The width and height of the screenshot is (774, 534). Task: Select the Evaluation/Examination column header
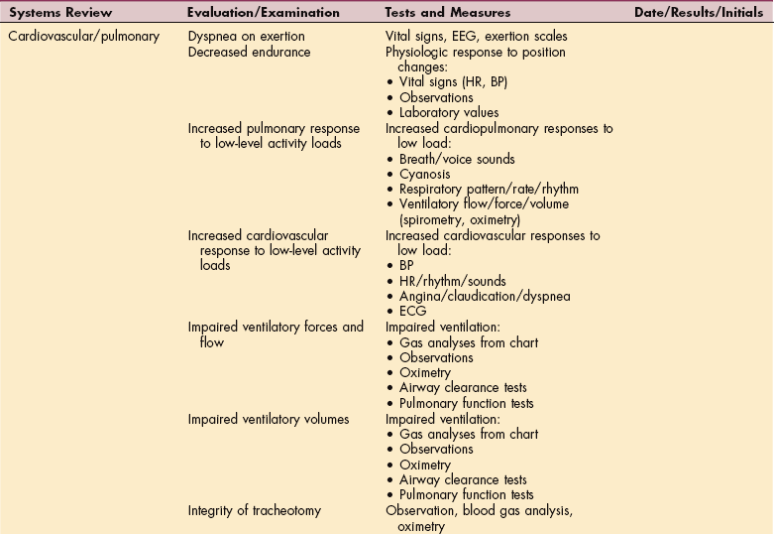[264, 12]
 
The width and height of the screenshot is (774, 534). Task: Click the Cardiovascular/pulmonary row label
[84, 37]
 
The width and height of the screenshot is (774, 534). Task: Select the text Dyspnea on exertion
[247, 37]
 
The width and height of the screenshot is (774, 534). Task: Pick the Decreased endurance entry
[249, 52]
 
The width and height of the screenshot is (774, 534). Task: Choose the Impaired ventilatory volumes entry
[269, 419]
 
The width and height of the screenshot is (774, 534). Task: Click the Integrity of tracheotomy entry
[255, 510]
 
